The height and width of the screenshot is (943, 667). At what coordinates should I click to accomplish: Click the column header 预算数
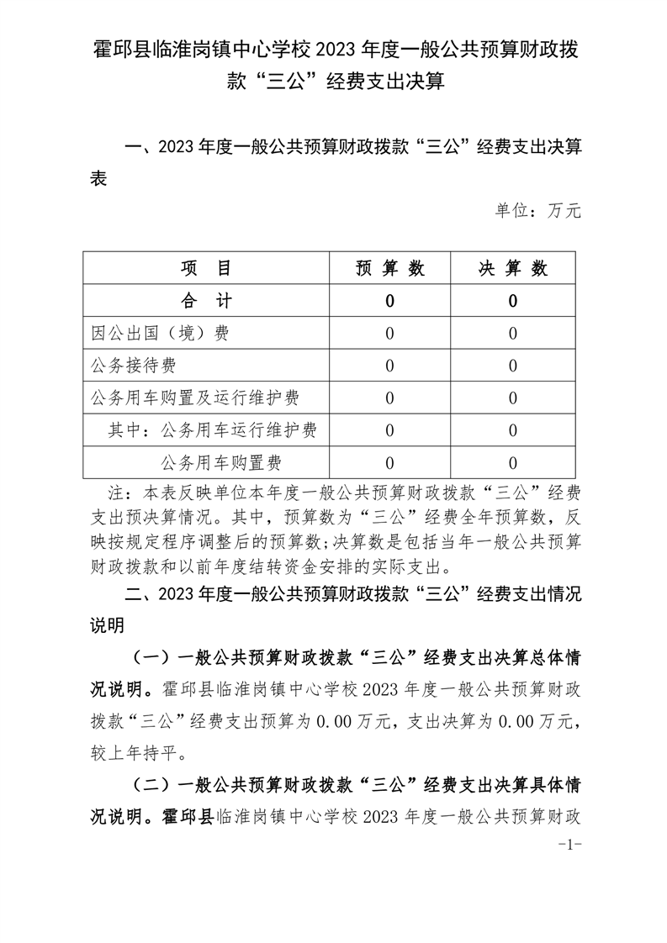coord(389,268)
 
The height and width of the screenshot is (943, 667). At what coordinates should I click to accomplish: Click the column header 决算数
coord(513,268)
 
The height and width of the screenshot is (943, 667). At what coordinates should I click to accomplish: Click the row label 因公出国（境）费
coord(160,333)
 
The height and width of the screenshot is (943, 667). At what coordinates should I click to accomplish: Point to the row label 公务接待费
coord(134,365)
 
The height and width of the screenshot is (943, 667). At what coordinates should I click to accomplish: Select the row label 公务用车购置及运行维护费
coord(194,398)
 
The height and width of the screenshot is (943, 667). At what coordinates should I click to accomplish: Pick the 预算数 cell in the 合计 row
coord(389,301)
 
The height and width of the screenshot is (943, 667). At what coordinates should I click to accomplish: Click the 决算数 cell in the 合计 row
coord(513,301)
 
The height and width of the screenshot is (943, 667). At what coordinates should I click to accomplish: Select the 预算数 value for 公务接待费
coord(389,365)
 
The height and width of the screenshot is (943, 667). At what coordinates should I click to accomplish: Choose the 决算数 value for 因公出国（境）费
coord(513,333)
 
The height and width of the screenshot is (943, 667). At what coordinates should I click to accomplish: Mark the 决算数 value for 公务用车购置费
coord(513,461)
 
